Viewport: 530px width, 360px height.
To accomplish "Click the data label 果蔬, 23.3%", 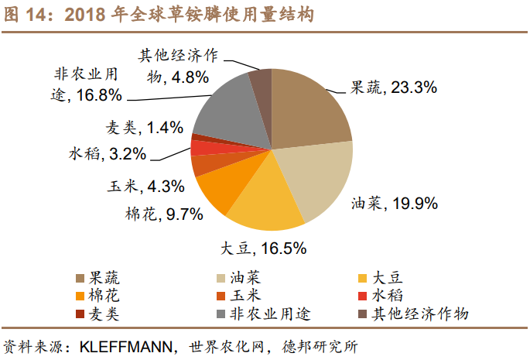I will coord(394,87).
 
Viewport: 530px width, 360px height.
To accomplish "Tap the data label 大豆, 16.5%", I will coord(263,249).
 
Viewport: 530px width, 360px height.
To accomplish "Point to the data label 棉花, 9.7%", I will coord(164,213).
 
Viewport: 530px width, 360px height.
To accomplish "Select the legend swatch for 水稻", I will coord(362,297).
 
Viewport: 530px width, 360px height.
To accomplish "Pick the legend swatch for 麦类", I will coord(80,314).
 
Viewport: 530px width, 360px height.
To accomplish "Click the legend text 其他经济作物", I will coord(421,314).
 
